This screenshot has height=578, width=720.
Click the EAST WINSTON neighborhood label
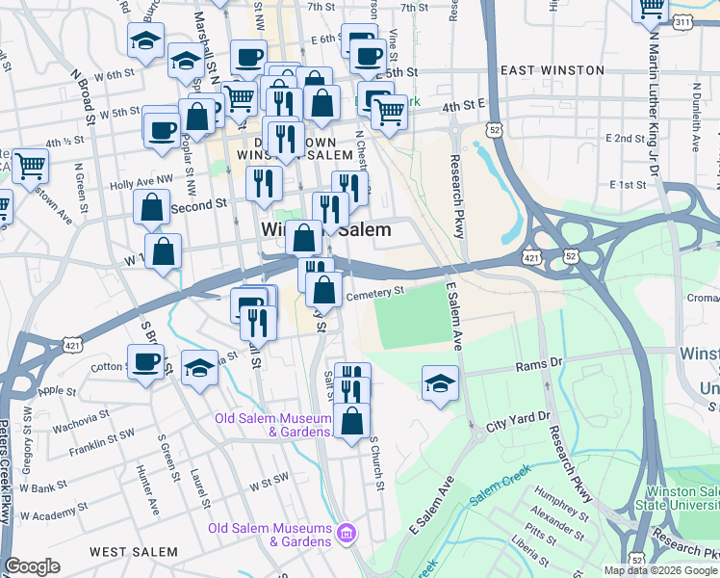click(553, 70)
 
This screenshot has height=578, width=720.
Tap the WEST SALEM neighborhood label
click(134, 552)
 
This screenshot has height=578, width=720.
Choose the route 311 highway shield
click(708, 20)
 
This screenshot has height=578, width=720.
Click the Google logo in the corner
click(32, 566)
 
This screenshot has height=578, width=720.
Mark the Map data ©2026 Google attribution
click(661, 570)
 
